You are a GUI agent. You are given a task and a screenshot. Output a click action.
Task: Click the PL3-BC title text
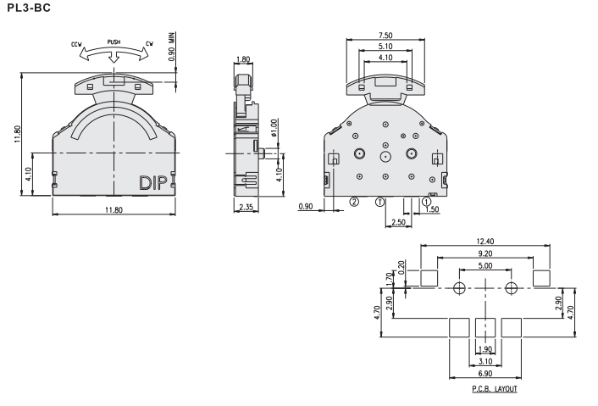[x=29, y=8]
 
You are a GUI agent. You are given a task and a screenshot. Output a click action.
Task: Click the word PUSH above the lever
[x=114, y=42]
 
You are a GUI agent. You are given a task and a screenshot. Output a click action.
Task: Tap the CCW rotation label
[x=77, y=45]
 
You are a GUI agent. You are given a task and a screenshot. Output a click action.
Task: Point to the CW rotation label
[x=149, y=44]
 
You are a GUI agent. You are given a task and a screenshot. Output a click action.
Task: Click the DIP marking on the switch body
[x=153, y=183]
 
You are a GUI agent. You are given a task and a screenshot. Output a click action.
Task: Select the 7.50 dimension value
[x=385, y=36]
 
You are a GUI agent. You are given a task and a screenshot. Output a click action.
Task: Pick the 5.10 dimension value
[x=385, y=47]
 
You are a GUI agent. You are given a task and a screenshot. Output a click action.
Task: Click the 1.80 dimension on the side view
[x=243, y=59]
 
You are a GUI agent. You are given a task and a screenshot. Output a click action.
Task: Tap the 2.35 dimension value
[x=246, y=207]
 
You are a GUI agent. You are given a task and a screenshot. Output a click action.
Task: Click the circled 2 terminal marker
[x=354, y=202]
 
